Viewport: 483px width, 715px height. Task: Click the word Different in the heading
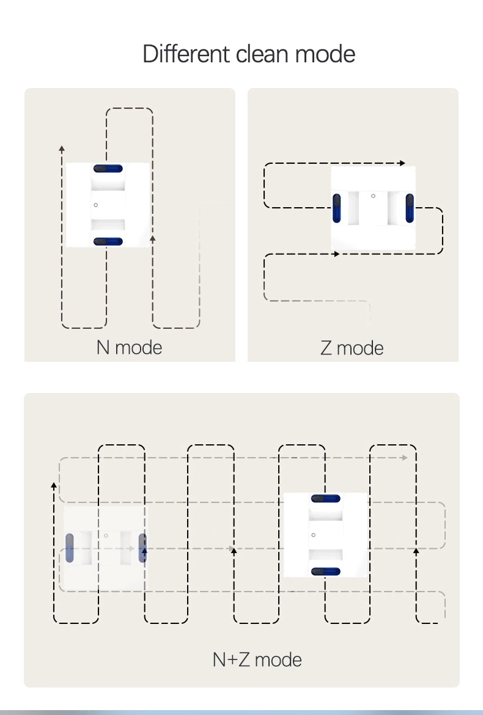(x=186, y=54)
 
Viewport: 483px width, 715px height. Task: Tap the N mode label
(x=129, y=348)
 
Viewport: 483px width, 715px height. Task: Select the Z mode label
(x=352, y=348)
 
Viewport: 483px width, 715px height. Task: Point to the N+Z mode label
(x=257, y=659)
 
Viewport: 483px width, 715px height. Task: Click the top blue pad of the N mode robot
(x=108, y=169)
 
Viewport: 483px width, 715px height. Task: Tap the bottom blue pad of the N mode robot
(x=108, y=241)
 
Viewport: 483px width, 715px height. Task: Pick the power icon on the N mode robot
(x=96, y=205)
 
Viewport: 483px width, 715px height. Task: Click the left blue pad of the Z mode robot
(x=337, y=208)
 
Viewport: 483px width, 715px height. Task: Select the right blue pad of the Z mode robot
(x=410, y=208)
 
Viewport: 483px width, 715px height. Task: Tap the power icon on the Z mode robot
(x=373, y=196)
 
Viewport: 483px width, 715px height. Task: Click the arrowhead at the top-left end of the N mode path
(x=62, y=148)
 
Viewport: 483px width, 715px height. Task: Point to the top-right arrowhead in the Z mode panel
(x=402, y=163)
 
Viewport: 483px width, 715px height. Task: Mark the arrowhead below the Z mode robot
(x=337, y=254)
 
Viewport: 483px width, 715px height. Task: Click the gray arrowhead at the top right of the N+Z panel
(x=405, y=457)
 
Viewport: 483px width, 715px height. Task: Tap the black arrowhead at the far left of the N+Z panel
(x=54, y=485)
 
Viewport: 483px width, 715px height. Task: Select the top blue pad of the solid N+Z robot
(x=326, y=499)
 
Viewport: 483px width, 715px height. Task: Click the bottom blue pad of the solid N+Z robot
(x=326, y=571)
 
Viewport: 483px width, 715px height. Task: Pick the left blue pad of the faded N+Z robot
(x=69, y=548)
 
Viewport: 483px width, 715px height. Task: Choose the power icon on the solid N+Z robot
(x=313, y=535)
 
